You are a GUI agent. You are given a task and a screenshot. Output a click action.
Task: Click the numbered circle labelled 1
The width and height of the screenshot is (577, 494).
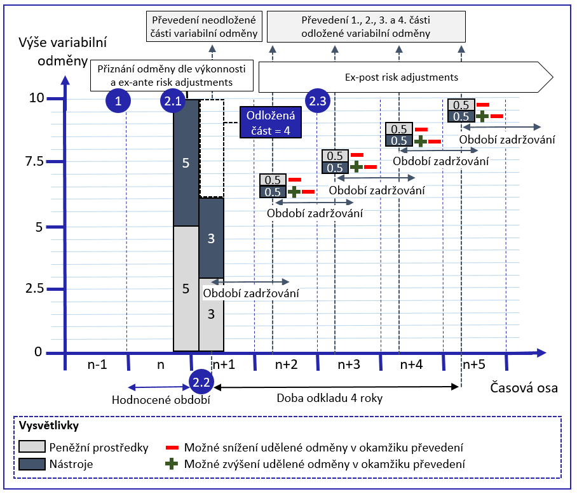(118, 101)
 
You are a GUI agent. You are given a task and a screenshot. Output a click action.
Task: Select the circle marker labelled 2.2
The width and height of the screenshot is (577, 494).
(201, 382)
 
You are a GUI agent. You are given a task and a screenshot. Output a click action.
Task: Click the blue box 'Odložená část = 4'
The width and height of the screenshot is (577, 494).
(271, 123)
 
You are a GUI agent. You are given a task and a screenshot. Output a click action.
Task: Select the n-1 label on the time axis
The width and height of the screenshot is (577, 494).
(97, 364)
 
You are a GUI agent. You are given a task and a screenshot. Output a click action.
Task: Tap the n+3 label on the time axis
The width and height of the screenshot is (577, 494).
(349, 364)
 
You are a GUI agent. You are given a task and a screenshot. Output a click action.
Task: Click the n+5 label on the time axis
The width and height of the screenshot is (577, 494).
(475, 364)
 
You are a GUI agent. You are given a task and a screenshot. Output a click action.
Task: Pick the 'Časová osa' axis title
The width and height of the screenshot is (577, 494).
(524, 388)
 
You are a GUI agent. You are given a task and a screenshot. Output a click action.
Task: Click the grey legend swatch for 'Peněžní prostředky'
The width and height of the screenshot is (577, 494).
(32, 448)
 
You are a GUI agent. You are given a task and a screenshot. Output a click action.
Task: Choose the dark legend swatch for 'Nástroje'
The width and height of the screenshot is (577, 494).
(32, 464)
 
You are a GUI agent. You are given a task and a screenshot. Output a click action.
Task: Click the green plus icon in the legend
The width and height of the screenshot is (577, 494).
(170, 464)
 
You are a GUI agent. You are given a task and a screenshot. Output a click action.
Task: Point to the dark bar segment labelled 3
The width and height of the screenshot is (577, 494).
(212, 238)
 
